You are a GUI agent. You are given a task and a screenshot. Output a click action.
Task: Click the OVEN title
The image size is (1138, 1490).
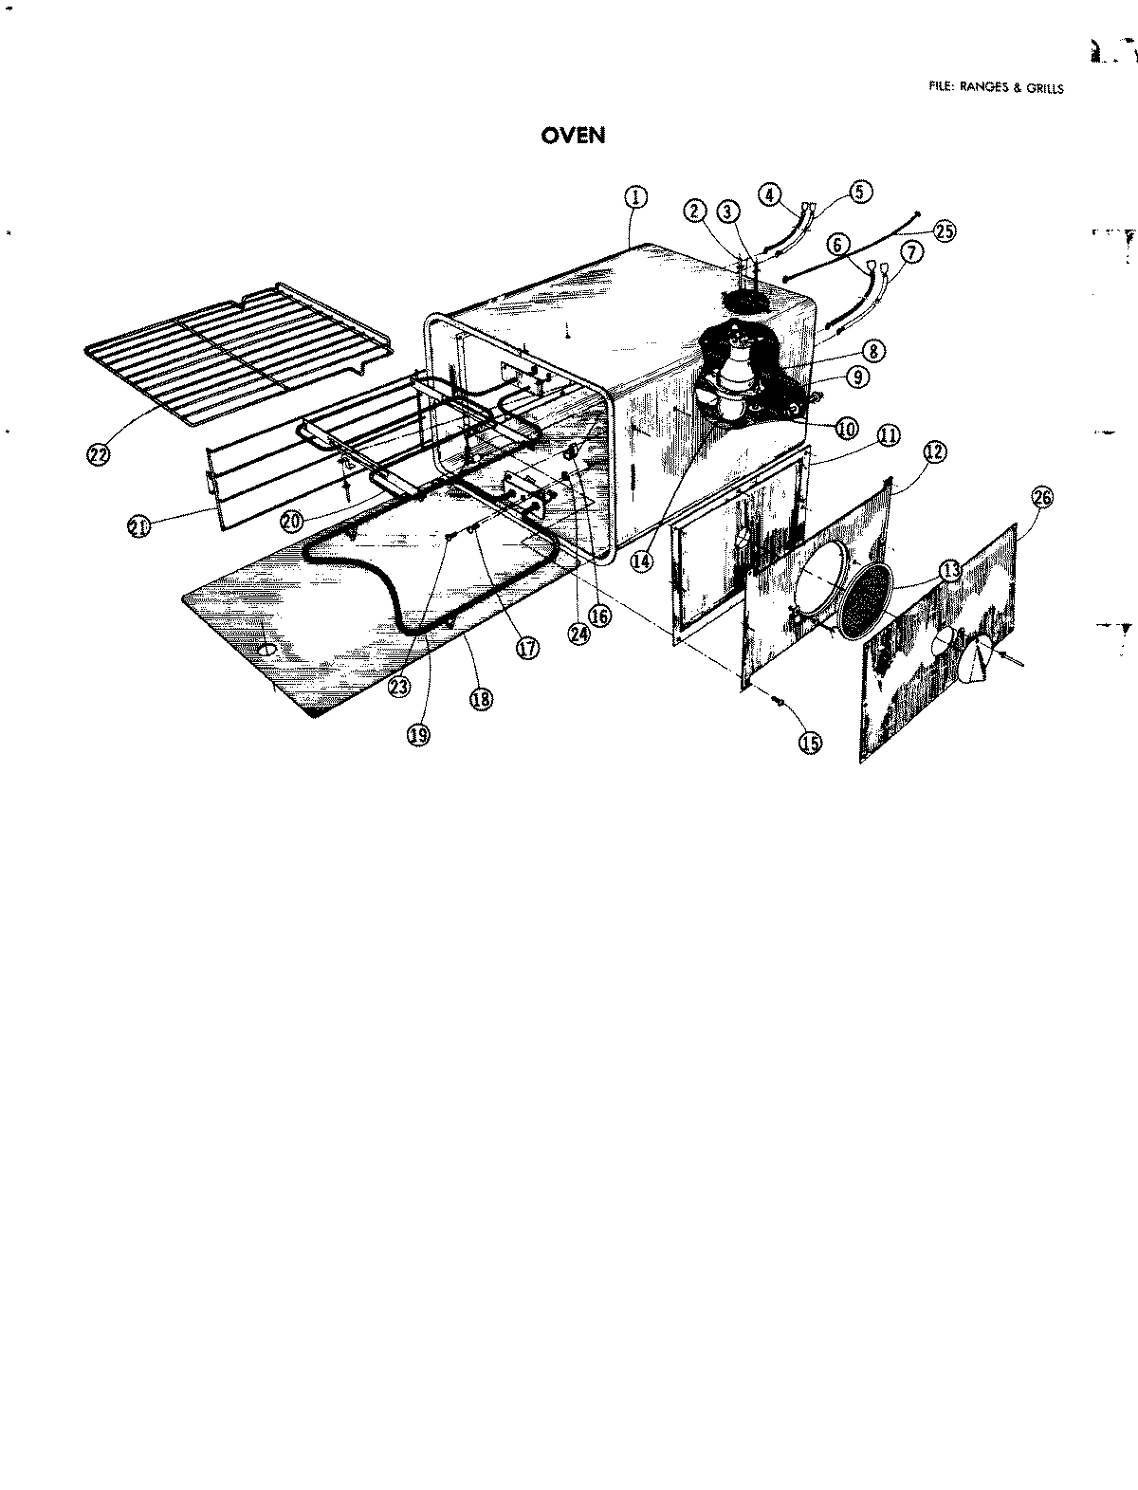click(x=573, y=136)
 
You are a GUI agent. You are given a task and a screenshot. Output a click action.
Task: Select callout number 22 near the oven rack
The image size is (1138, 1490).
click(x=97, y=453)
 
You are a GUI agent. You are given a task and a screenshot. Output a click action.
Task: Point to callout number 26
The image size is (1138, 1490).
click(x=1041, y=497)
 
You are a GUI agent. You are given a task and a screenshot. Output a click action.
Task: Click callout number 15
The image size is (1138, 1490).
click(x=811, y=743)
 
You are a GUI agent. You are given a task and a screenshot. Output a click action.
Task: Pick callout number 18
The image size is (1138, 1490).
click(x=481, y=699)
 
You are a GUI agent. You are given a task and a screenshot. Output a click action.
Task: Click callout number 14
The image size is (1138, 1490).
click(x=642, y=561)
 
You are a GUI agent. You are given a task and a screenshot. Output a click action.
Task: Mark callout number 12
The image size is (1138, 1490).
click(x=933, y=452)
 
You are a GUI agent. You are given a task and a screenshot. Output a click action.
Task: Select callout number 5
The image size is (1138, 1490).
click(x=859, y=193)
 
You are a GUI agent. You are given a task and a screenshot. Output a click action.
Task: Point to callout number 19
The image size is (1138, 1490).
click(x=418, y=733)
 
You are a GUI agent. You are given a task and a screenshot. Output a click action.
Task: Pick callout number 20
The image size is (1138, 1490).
click(x=292, y=521)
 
